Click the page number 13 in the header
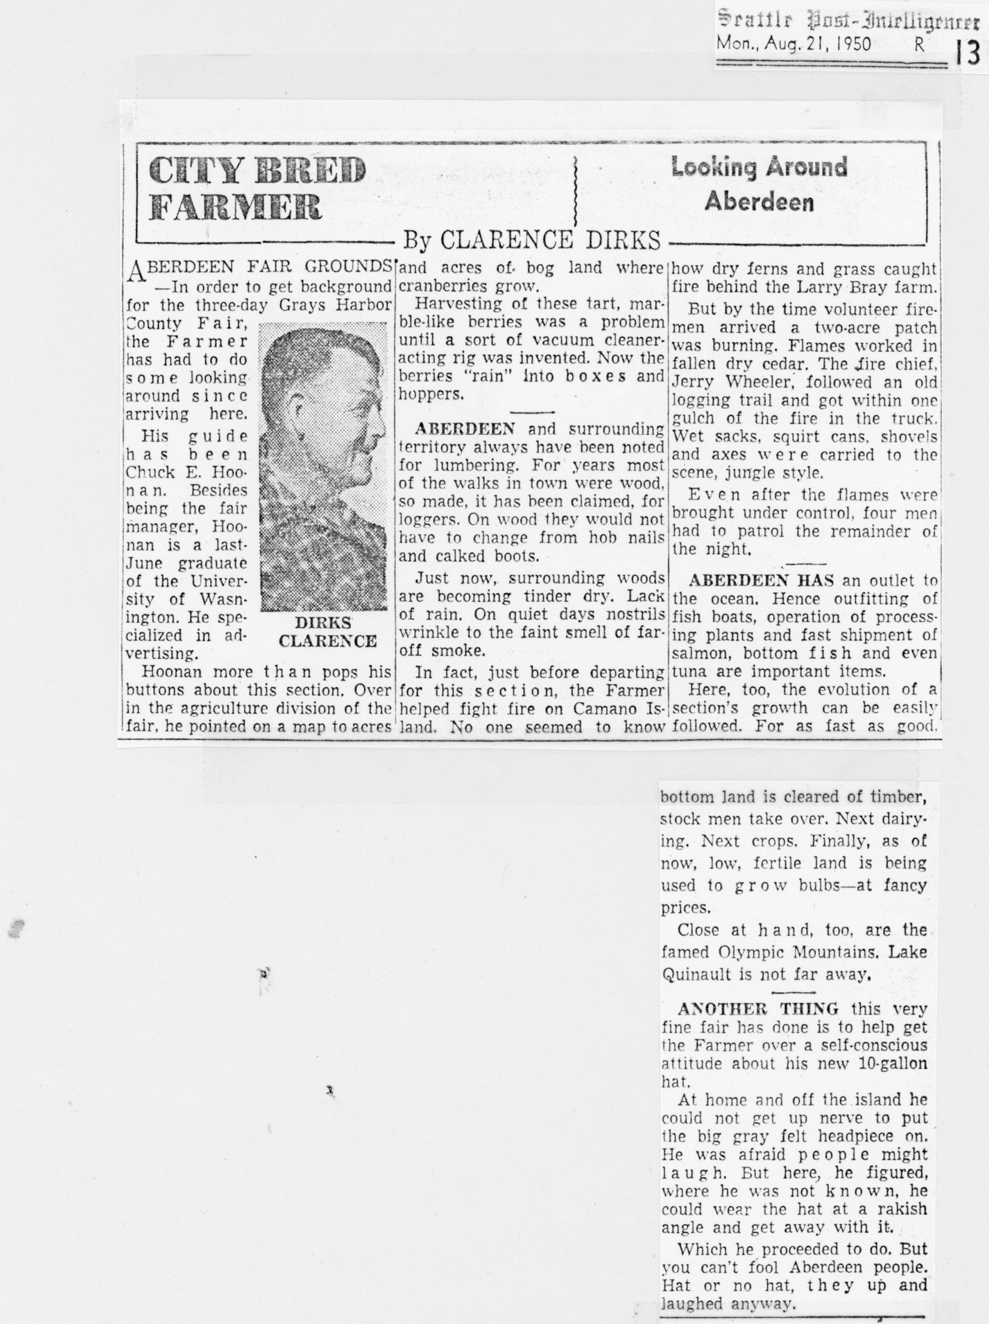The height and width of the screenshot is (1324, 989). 967,53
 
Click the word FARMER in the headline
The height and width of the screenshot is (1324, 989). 235,207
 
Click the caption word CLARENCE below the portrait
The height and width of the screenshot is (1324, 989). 327,641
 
